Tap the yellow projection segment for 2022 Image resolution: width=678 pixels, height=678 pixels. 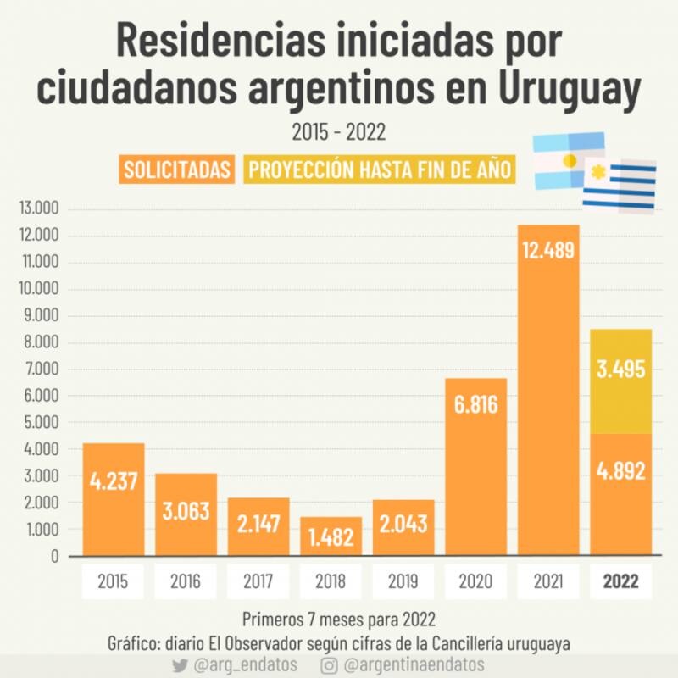tap(621, 381)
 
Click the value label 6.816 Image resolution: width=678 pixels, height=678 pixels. tap(475, 405)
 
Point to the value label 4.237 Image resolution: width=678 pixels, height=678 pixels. tap(114, 481)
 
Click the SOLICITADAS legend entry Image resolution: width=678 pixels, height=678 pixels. tap(178, 169)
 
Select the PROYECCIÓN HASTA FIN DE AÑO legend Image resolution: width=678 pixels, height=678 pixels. tap(379, 169)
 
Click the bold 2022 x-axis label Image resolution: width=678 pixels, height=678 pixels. tap(621, 582)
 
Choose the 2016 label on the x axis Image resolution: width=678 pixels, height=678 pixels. tap(186, 582)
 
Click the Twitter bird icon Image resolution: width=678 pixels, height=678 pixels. tap(179, 665)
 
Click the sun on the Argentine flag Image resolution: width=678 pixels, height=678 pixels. tap(570, 159)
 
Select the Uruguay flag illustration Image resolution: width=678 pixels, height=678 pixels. tap(619, 185)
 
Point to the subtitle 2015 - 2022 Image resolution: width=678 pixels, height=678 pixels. tap(339, 133)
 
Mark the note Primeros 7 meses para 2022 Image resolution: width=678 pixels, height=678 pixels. tap(339, 617)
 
